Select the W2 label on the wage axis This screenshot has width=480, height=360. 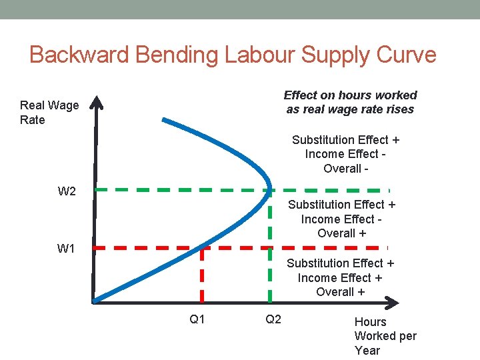67,192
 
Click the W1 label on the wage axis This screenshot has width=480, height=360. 66,249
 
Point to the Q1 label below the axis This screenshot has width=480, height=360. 197,319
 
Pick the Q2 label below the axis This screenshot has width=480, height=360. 273,319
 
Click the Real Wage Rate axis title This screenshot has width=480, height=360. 49,113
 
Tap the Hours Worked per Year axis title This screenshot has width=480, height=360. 385,336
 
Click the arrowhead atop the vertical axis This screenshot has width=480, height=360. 98,103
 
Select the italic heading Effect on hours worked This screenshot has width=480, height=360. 350,95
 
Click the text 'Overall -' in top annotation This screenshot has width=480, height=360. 346,169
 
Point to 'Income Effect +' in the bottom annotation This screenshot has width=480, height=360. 340,277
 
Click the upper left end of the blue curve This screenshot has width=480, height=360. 165,121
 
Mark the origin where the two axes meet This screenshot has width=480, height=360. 95,302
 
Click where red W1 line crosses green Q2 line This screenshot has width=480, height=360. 270,247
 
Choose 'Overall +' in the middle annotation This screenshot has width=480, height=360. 341,233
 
